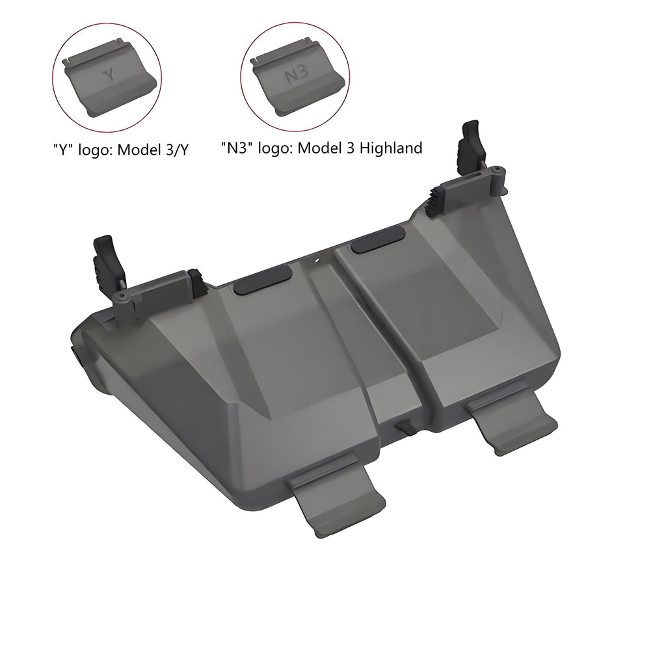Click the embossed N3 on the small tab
tap(296, 75)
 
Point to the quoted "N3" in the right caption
tap(238, 148)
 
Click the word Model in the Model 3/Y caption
tap(138, 150)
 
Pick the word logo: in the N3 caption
tap(276, 148)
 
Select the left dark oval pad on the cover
tap(263, 284)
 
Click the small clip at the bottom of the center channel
tap(404, 429)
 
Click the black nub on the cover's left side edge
tap(73, 354)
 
